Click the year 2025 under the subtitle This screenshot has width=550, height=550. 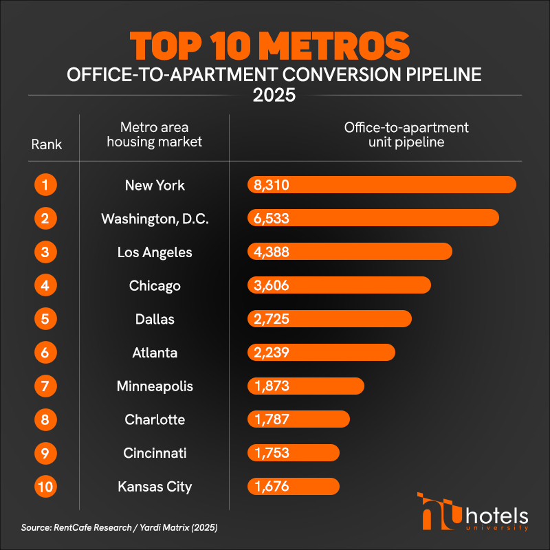[274, 95]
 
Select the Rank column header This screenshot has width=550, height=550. [47, 144]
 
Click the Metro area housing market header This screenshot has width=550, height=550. [155, 135]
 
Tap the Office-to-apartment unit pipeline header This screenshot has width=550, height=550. [406, 135]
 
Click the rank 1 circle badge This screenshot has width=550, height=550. [45, 185]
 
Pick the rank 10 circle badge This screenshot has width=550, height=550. [45, 487]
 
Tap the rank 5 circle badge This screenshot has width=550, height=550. [45, 319]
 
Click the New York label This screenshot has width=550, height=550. [155, 185]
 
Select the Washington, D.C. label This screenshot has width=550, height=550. [155, 219]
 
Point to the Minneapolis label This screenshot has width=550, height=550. [155, 386]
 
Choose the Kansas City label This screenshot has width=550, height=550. [155, 487]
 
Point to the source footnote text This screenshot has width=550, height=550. [120, 528]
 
